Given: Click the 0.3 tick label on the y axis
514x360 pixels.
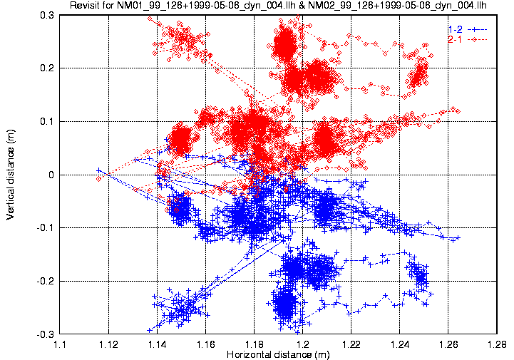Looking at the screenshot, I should [49, 15].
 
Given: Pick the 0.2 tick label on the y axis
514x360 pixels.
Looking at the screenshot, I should [49, 68].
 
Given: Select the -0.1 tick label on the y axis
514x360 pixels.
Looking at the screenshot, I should [47, 227].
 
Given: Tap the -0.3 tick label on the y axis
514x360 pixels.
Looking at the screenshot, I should [47, 334].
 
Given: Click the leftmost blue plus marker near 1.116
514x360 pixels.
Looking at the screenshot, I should [99, 170].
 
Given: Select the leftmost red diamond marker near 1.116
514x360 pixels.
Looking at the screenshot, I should [99, 178].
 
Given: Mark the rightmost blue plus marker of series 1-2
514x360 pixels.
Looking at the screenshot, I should [458, 237].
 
